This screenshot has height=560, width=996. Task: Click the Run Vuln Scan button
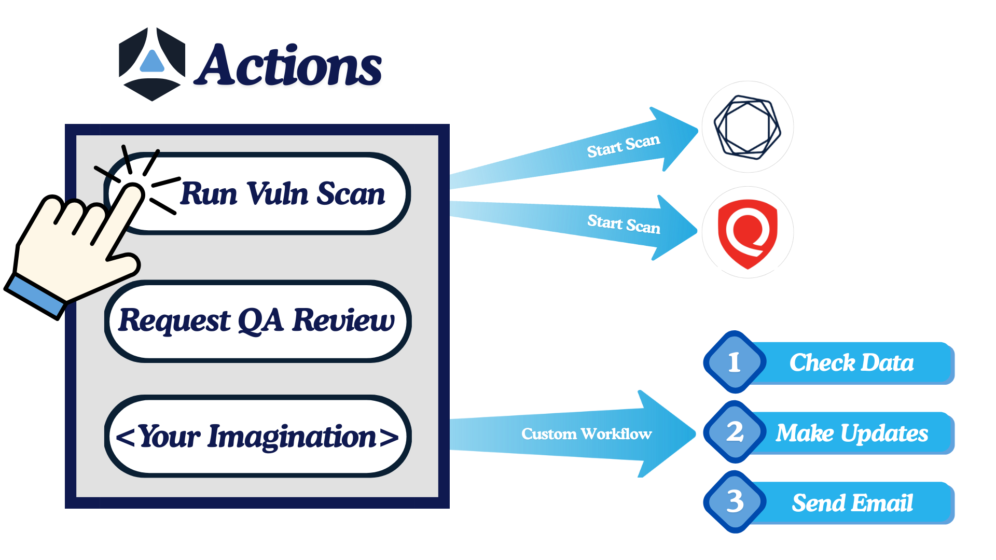pos(282,194)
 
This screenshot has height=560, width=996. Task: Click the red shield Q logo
pos(748,232)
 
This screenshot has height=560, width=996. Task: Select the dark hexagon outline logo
pos(748,127)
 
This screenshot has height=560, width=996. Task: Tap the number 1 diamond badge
pos(735,362)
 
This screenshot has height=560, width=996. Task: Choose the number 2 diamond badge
pos(735,432)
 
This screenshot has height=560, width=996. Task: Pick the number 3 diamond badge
pos(735,502)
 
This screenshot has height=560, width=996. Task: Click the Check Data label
pos(851,362)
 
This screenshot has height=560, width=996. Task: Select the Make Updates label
pos(851,433)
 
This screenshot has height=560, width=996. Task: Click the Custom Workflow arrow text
pos(586,433)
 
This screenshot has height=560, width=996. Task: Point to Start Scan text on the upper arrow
pos(623,146)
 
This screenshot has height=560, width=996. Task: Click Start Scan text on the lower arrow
pos(624,224)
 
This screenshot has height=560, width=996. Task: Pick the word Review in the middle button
pos(343,320)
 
